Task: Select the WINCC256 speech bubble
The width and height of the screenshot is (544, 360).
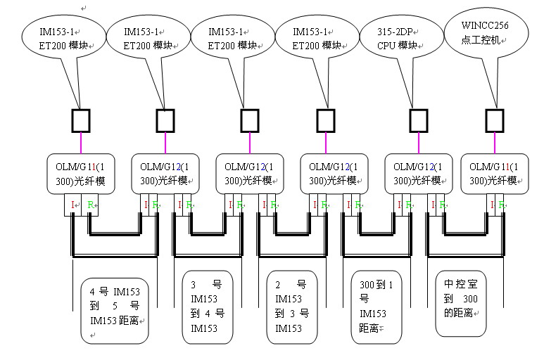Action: (486, 34)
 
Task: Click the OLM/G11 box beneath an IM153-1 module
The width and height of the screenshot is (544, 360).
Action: (80, 174)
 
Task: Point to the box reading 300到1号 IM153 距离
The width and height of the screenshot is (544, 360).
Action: (377, 307)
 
